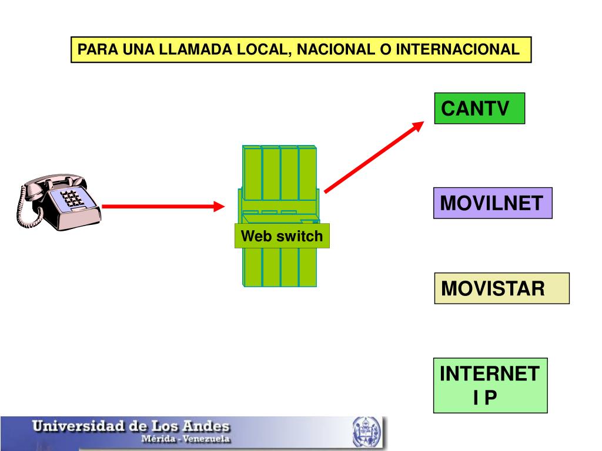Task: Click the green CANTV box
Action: click(x=479, y=108)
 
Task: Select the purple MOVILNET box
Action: click(x=493, y=203)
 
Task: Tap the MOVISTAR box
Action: click(x=501, y=288)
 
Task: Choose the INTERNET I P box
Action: click(x=490, y=385)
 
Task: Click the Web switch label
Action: click(x=282, y=236)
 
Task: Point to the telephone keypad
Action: click(x=72, y=198)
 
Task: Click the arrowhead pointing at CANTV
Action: click(x=419, y=126)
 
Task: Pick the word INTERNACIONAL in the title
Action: click(x=457, y=50)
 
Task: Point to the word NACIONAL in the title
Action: click(x=333, y=50)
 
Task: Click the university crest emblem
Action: click(x=366, y=433)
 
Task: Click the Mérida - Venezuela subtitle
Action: click(x=184, y=439)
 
